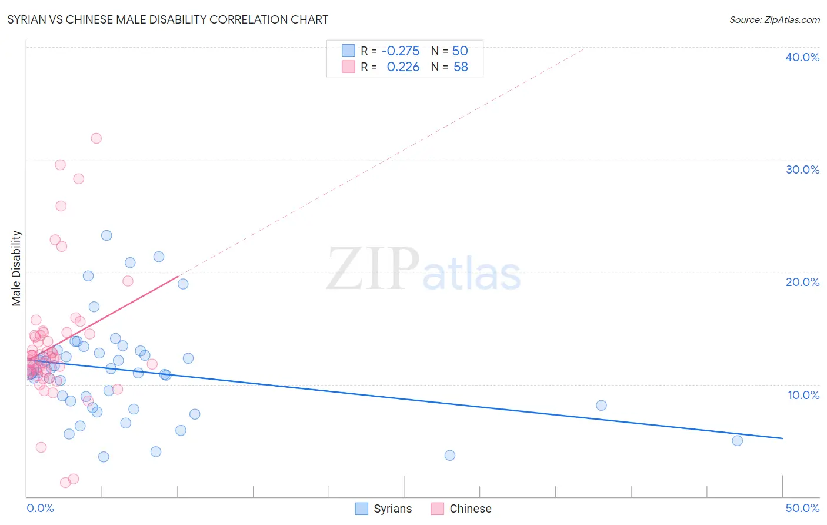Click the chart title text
coord(168,19)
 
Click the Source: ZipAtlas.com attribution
coord(774,19)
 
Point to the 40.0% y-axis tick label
coord(802,57)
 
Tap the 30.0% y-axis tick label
coord(802,170)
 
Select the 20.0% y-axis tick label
coord(802,282)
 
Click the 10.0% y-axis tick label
coord(803,395)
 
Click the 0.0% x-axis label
coord(40,508)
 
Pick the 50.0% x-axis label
coord(802,508)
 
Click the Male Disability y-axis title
coord(16,268)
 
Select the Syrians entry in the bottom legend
coord(392,509)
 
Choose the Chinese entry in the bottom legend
coord(470,509)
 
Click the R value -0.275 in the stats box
coord(401,51)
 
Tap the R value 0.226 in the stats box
coord(403,67)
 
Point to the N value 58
coord(461,67)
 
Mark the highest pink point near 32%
coord(96,138)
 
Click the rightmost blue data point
coord(737,441)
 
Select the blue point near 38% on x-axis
coord(601,406)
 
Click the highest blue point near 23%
coord(106,235)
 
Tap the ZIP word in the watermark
coord(373,269)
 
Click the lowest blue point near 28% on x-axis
coord(450,455)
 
